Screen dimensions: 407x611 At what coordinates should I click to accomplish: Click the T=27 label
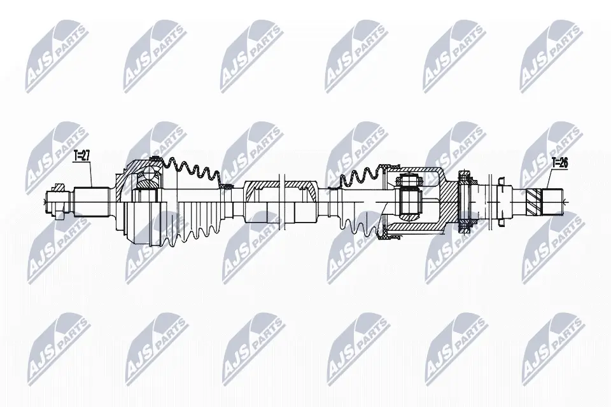83,155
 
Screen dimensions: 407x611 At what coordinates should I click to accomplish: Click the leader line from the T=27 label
92,172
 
